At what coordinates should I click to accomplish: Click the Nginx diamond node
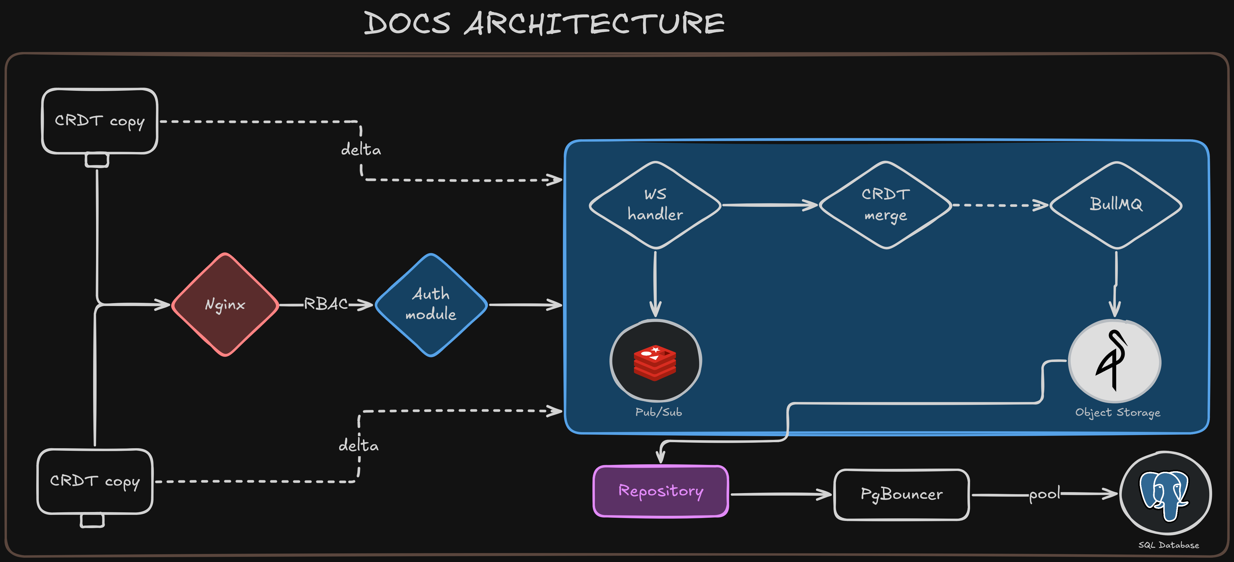tap(225, 305)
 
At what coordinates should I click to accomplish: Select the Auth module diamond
tap(431, 305)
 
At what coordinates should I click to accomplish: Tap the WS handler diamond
tap(655, 205)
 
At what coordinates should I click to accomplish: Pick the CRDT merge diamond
tap(885, 205)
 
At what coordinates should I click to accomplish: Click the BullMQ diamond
tap(1116, 205)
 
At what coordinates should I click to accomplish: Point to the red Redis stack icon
tap(655, 362)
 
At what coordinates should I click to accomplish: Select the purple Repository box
tap(661, 491)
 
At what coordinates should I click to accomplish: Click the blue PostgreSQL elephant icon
tap(1164, 494)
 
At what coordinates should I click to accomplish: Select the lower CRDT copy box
tap(95, 481)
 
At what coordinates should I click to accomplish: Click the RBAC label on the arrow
tap(326, 304)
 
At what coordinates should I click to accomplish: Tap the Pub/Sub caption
tap(658, 412)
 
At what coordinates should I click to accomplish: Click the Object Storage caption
tap(1118, 413)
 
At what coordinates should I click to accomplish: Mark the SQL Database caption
tap(1168, 545)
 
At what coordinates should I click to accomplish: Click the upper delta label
tap(361, 150)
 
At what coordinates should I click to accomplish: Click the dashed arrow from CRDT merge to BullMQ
tap(1000, 205)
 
